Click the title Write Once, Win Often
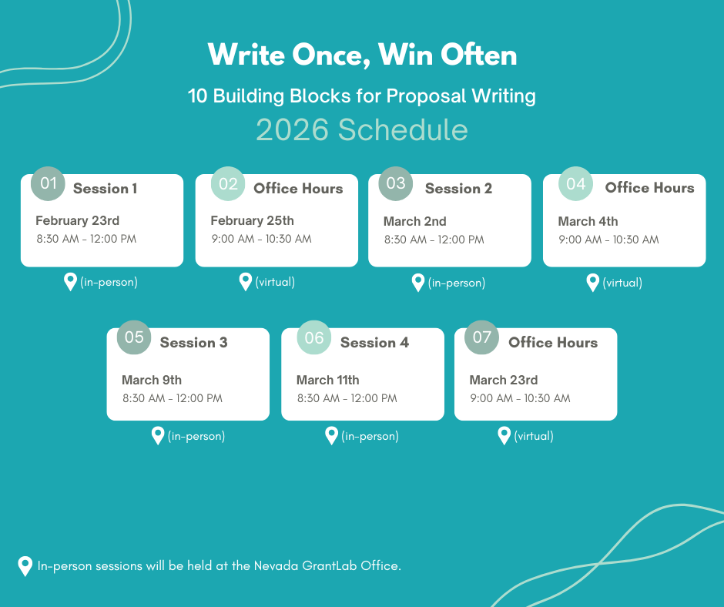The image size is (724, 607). pos(362,55)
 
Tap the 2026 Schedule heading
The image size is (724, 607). pos(362,129)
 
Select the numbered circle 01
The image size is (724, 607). pos(49,183)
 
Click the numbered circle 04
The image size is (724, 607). pos(575,183)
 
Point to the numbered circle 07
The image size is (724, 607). pos(481,337)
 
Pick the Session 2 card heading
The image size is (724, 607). pos(458,189)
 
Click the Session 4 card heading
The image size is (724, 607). pos(374,343)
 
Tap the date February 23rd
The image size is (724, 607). pos(77,221)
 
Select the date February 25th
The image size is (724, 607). pos(252,221)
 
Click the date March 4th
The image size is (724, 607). pos(588,222)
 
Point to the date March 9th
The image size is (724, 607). pos(152,380)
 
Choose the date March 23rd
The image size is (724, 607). pos(503,380)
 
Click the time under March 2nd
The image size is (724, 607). pos(434,240)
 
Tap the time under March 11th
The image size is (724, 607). pos(347,398)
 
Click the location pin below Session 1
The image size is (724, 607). pos(70,282)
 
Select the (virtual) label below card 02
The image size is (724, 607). pos(275,282)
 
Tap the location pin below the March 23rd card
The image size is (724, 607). pos(504,436)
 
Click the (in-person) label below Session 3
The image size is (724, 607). pos(196,436)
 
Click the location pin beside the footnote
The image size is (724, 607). pos(25,566)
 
